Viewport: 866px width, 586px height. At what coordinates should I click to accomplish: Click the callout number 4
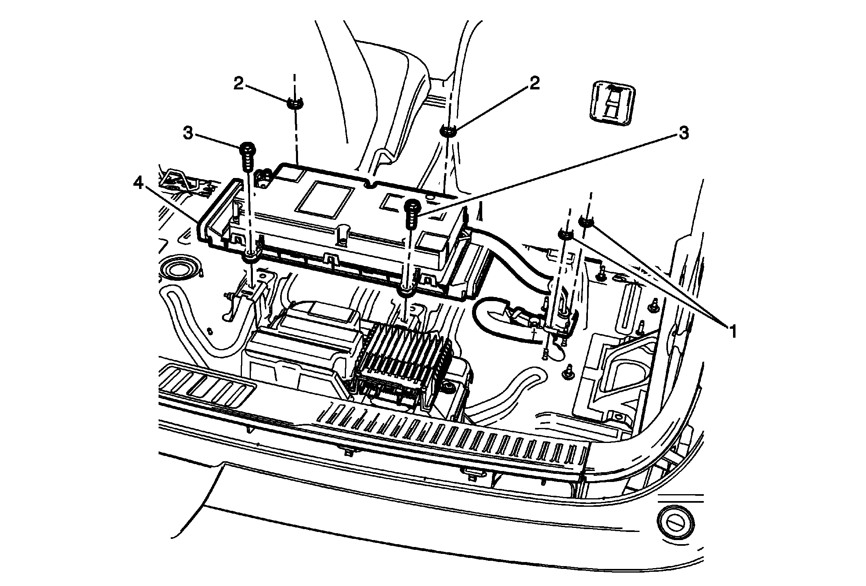pyautogui.click(x=138, y=184)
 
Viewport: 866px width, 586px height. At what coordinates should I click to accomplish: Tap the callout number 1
pyautogui.click(x=732, y=332)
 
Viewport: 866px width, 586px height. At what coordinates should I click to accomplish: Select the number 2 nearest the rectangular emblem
pyautogui.click(x=534, y=83)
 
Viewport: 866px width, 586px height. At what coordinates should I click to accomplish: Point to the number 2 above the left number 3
pyautogui.click(x=238, y=84)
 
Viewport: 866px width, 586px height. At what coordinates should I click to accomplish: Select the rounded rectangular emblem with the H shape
pyautogui.click(x=612, y=101)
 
